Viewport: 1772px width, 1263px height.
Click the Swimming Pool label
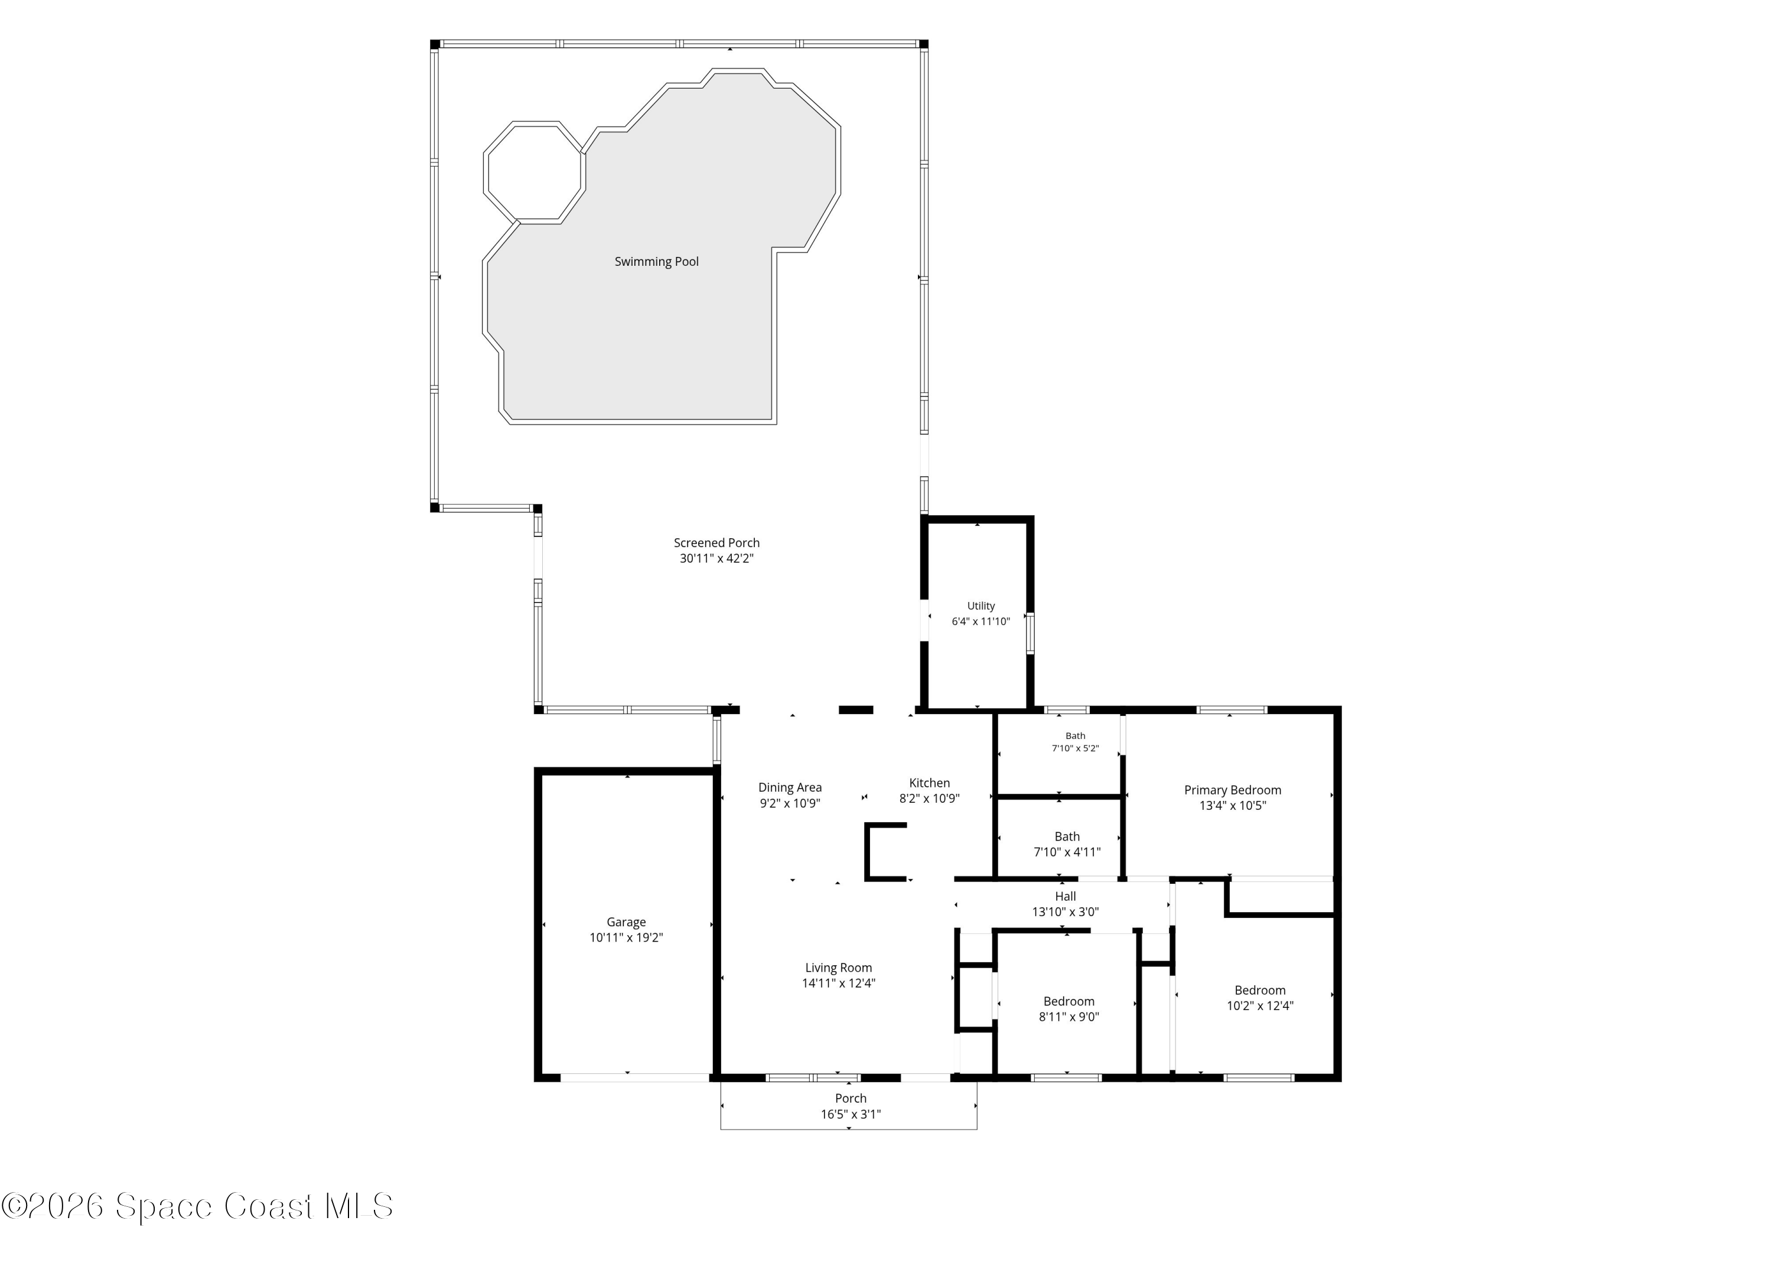click(656, 261)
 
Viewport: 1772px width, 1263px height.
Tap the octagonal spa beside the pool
click(534, 172)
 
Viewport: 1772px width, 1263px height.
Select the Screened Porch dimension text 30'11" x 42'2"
click(716, 558)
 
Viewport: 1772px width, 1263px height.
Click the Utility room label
click(981, 606)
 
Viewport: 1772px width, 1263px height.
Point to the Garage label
click(626, 922)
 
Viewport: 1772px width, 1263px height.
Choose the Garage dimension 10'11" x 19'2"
click(626, 938)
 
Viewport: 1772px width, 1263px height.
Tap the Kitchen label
click(929, 783)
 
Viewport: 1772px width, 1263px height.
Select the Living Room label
click(838, 968)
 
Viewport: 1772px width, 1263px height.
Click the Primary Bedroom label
click(1232, 790)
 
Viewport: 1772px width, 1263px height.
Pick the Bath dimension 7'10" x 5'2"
click(1076, 748)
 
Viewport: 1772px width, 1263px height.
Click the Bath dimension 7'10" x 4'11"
click(1067, 852)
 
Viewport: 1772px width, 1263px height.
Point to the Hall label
click(1065, 897)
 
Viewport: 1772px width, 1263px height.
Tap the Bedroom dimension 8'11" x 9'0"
click(1069, 1017)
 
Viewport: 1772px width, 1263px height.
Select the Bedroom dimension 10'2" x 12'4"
click(1260, 1005)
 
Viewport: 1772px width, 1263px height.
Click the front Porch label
click(851, 1099)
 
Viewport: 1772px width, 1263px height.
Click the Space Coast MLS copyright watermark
click(197, 1206)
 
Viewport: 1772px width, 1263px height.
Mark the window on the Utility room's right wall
click(1030, 633)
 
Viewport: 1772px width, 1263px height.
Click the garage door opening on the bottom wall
click(634, 1078)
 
